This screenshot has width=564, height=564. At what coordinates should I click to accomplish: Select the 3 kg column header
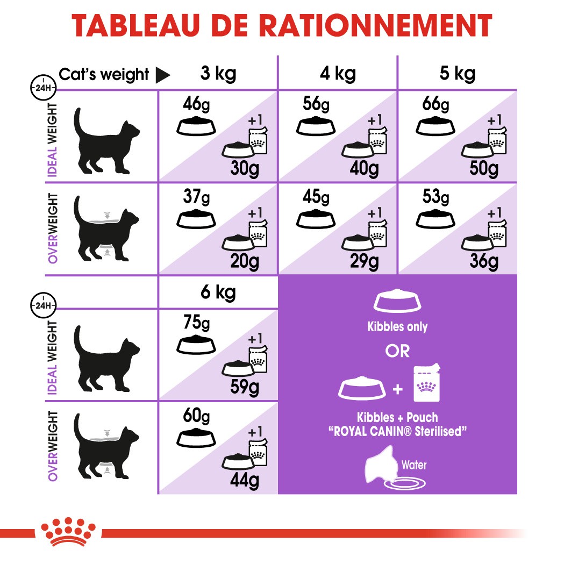(217, 73)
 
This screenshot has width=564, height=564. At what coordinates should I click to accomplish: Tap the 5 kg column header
(457, 73)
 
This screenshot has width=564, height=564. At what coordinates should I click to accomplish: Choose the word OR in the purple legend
(397, 351)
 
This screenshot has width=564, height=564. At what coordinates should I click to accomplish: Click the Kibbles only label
(397, 326)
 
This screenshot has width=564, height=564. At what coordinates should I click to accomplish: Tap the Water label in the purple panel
(414, 465)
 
